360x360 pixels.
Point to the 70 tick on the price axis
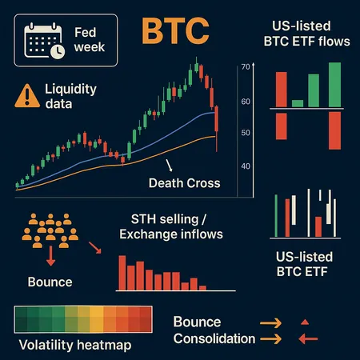246,68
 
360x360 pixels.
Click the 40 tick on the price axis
246,166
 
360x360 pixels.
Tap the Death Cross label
184,183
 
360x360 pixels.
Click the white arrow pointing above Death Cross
169,166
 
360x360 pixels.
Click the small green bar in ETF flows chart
298,103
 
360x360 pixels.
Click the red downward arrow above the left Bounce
50,257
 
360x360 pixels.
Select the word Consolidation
214,338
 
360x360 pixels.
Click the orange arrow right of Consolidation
270,338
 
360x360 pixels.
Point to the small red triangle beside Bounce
303,322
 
